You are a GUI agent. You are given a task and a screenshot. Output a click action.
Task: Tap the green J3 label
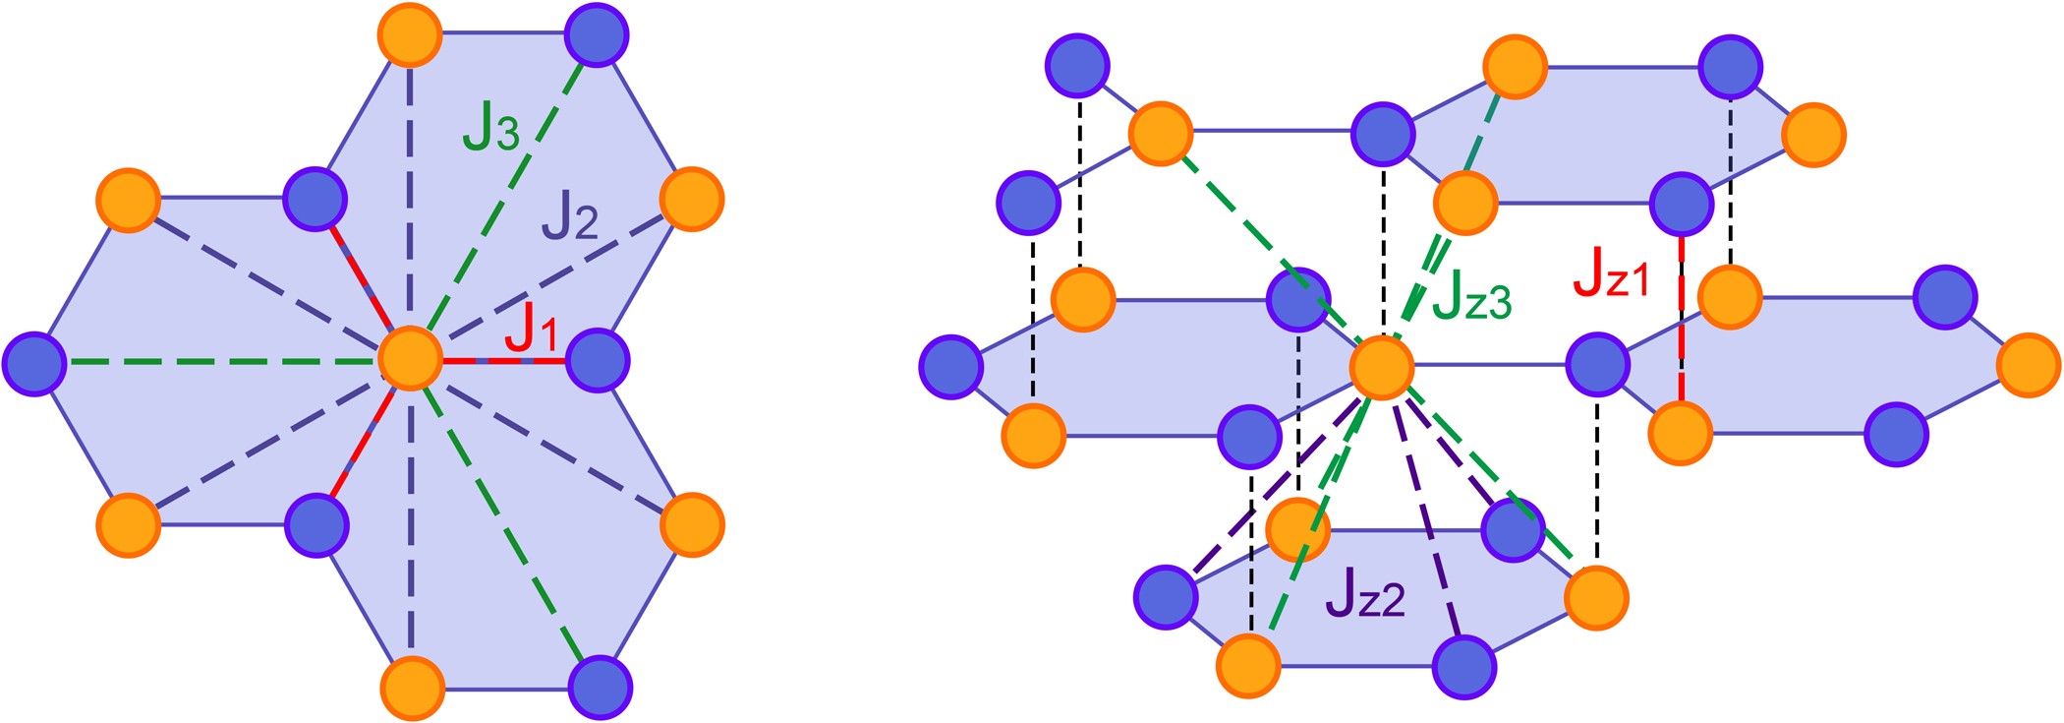(x=490, y=128)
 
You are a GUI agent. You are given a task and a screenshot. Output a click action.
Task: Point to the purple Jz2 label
(x=1365, y=593)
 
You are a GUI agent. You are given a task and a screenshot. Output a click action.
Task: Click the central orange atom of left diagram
(x=411, y=361)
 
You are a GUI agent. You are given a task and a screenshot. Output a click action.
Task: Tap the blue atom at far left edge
(x=34, y=363)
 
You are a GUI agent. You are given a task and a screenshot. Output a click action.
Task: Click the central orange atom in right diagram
(x=1382, y=367)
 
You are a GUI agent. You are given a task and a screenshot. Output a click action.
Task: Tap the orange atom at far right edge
(x=2029, y=365)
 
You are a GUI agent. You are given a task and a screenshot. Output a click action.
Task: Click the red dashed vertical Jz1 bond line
(x=1682, y=325)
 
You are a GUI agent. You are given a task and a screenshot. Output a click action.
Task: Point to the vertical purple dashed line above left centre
(x=411, y=197)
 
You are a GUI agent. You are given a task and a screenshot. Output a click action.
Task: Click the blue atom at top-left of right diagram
(x=1078, y=65)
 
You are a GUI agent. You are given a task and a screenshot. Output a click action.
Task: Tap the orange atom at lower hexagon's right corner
(x=1596, y=597)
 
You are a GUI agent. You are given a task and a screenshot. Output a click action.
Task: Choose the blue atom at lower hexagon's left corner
(x=1166, y=597)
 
